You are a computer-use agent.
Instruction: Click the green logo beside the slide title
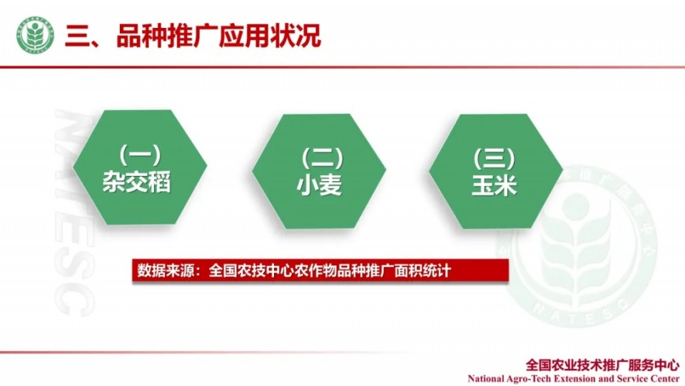pos(36,35)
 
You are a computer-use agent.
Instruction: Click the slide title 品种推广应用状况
pos(218,36)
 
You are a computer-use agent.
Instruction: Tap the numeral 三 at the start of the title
pos(77,36)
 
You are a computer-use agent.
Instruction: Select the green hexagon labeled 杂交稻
pos(140,167)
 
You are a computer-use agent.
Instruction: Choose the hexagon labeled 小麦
pos(319,171)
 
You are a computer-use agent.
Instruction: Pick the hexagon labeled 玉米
pos(496,171)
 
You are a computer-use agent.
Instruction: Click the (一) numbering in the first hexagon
pos(140,154)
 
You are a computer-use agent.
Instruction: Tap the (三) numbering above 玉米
pos(494,159)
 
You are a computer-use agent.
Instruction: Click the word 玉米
pos(494,185)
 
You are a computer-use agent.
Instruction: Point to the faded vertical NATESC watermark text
pos(74,212)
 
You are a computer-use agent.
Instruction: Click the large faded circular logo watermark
pos(577,246)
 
